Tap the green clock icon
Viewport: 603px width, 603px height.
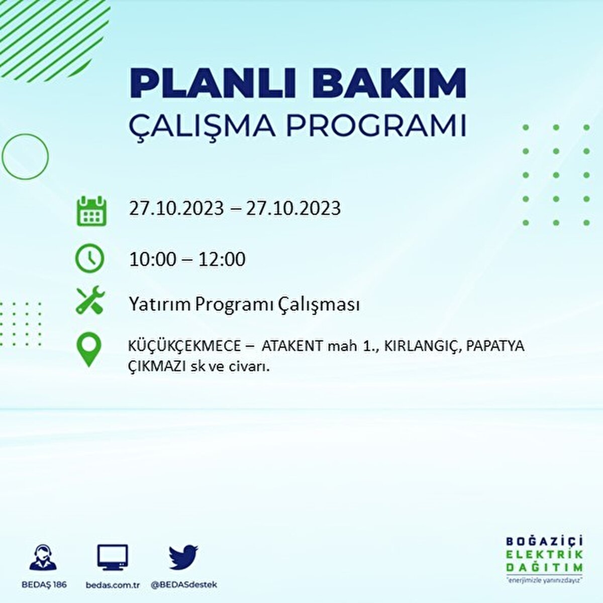pos(89,258)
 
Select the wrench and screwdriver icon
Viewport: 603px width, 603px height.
pos(90,300)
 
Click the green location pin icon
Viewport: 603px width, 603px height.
pos(88,350)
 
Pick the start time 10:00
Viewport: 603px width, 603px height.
pos(153,259)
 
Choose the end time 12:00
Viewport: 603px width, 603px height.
pos(222,259)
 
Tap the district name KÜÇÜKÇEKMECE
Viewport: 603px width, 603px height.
pos(184,346)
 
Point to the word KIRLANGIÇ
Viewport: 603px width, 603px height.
pos(422,346)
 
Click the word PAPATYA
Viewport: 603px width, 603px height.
pos(495,346)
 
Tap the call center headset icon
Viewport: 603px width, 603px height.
pos(43,558)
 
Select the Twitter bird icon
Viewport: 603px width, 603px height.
pos(183,557)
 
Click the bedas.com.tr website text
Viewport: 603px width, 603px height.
pos(113,585)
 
